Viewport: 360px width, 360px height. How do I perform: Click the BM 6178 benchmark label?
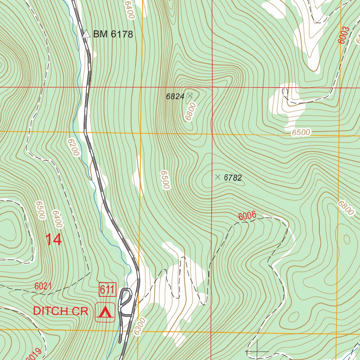click(x=112, y=34)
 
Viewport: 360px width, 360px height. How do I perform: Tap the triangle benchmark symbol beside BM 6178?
click(x=86, y=34)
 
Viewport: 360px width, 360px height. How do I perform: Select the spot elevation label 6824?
click(x=175, y=97)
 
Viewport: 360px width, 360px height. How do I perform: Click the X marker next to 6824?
click(x=190, y=95)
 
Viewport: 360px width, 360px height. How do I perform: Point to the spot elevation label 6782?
click(x=233, y=178)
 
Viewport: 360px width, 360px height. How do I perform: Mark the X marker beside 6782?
click(x=218, y=177)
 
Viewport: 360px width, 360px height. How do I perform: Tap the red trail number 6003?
click(x=344, y=35)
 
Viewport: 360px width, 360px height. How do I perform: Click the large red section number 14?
click(x=54, y=240)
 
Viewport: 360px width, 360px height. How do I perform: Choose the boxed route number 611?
click(x=108, y=290)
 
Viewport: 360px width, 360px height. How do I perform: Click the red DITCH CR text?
click(x=60, y=311)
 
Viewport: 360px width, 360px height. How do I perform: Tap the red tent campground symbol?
click(x=105, y=312)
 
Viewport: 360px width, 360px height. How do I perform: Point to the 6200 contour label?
click(x=74, y=147)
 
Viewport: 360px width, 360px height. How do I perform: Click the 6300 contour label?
click(x=140, y=326)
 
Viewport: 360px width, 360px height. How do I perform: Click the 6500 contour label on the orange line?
click(x=301, y=133)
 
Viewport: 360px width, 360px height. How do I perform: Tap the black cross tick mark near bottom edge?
click(x=257, y=351)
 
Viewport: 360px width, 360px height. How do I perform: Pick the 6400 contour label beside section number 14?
click(x=57, y=219)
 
